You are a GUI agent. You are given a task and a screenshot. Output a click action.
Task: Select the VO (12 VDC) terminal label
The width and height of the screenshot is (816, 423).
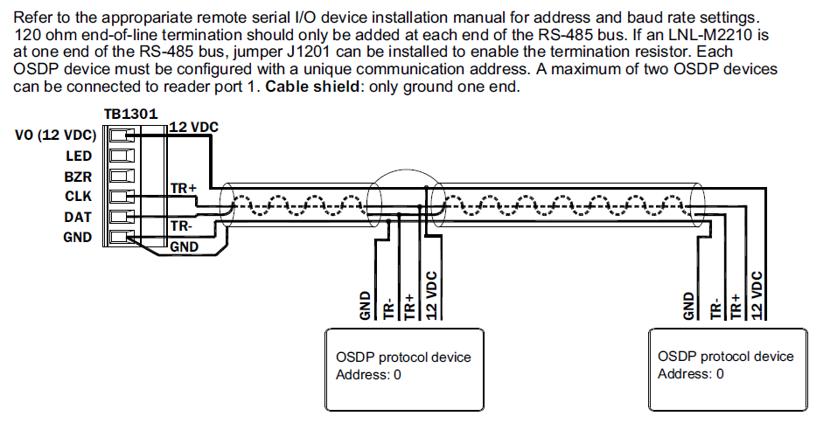55,135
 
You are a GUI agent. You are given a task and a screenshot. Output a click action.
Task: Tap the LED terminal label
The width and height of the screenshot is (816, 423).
79,156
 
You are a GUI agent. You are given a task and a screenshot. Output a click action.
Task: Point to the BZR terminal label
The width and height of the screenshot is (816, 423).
79,177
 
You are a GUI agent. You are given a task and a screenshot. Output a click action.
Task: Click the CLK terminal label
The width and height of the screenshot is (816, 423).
79,197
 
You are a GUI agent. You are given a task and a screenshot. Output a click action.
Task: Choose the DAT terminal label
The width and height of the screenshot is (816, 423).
79,217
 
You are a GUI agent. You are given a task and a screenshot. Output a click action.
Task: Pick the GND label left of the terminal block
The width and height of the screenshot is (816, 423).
78,237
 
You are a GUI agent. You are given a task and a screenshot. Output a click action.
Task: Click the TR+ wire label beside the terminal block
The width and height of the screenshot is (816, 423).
183,189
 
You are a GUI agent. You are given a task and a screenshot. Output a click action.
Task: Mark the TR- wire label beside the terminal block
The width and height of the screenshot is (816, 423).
181,225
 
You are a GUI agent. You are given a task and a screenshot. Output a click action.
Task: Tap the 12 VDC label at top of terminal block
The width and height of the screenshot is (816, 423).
192,128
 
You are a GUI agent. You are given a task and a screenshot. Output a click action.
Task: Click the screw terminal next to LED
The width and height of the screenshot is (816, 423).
121,156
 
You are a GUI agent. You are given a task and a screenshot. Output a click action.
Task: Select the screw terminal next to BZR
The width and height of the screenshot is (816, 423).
121,177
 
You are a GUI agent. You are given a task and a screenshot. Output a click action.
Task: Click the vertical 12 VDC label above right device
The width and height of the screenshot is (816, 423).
758,295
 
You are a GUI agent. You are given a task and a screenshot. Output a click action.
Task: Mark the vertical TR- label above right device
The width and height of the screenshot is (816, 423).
715,305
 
